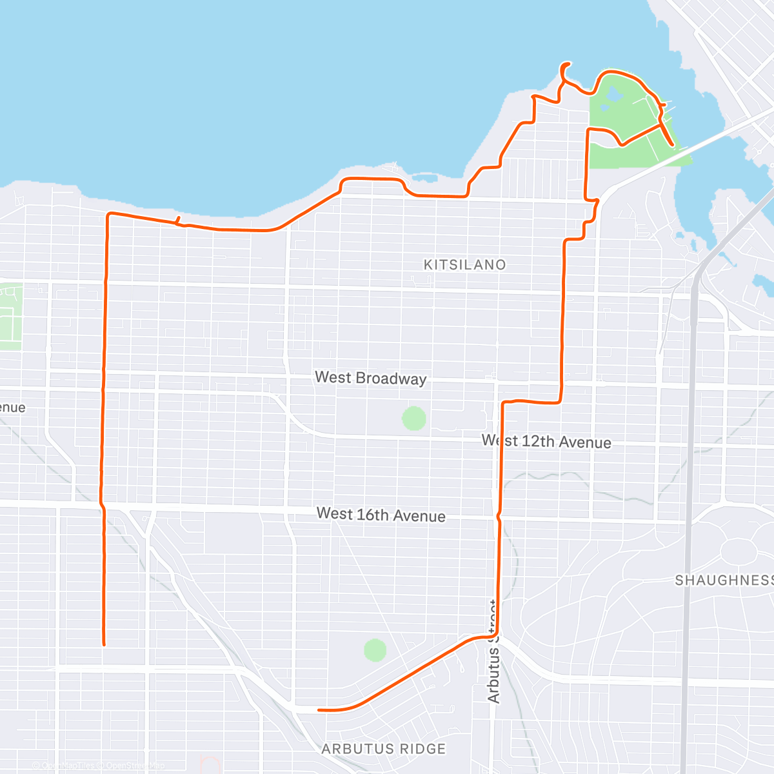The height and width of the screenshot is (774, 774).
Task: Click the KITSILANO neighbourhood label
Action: [464, 264]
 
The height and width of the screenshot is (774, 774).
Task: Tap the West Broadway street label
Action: [370, 378]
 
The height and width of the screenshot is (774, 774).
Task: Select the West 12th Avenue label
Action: [546, 442]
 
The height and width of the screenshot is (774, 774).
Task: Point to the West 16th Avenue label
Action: [381, 515]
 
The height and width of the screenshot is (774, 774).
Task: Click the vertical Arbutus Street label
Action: [493, 651]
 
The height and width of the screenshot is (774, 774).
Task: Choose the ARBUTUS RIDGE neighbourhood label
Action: [384, 749]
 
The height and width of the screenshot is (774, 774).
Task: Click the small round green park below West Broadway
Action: [414, 419]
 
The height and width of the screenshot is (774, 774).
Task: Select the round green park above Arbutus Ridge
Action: [375, 650]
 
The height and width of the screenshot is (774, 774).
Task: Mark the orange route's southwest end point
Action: [103, 644]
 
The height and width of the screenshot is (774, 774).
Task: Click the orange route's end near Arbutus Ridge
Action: [319, 710]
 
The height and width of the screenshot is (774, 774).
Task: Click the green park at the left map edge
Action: [10, 316]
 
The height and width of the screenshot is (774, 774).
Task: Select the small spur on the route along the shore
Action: [177, 221]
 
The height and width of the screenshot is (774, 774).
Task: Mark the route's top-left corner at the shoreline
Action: [108, 214]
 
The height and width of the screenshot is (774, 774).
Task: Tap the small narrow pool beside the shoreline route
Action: [424, 176]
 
